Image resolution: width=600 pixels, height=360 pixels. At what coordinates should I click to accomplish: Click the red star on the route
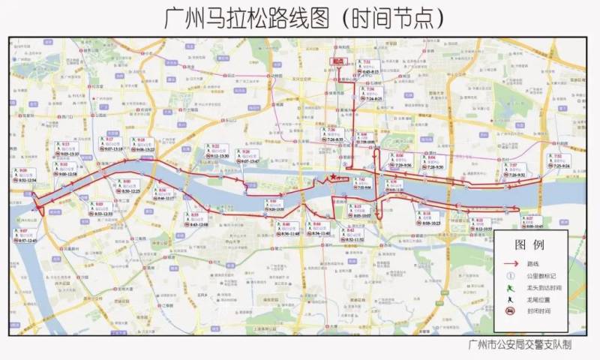(x=333, y=177)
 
